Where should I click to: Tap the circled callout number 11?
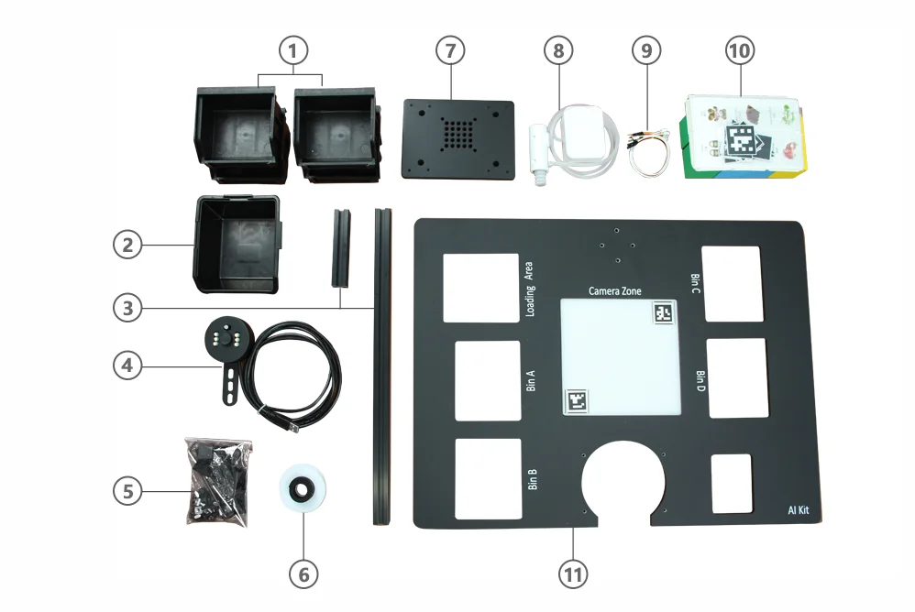point(572,574)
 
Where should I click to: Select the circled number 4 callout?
point(128,365)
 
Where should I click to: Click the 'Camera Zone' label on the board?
point(614,291)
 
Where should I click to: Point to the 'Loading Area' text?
point(529,289)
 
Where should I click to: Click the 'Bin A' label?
point(531,380)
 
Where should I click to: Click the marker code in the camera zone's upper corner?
point(663,312)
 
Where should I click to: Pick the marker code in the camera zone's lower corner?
point(578,401)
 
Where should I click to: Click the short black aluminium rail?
point(340,248)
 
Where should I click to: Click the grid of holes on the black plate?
point(457,137)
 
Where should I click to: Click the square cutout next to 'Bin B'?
point(488,478)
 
